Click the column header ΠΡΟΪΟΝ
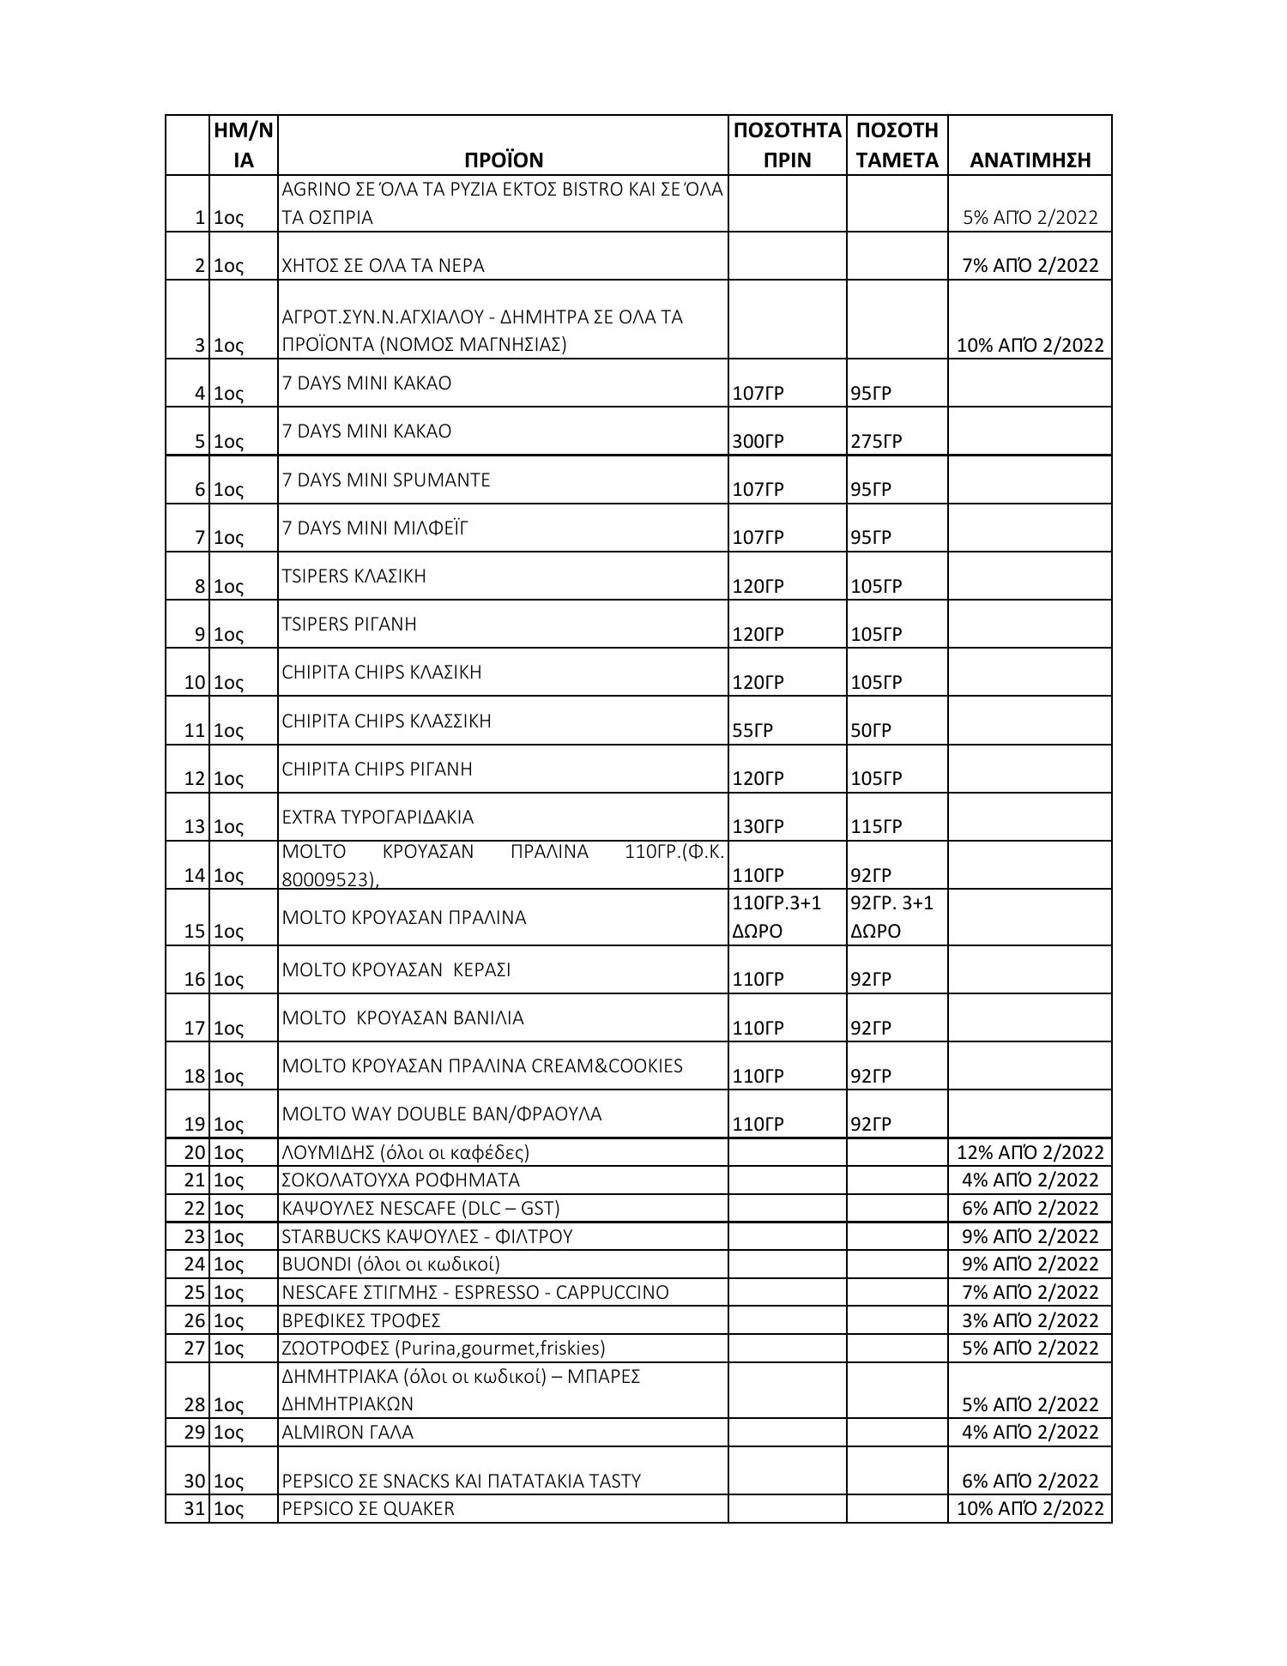pyautogui.click(x=504, y=160)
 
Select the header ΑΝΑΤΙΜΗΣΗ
pyautogui.click(x=1030, y=160)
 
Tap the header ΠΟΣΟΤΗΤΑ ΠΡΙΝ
pyautogui.click(x=787, y=145)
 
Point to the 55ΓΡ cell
pyautogui.click(x=752, y=730)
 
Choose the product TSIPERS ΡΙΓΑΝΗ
pyautogui.click(x=349, y=624)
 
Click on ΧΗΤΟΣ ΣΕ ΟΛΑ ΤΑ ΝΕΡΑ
pyautogui.click(x=383, y=265)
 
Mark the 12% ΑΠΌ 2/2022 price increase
pyautogui.click(x=1030, y=1152)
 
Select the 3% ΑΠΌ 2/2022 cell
pyautogui.click(x=1030, y=1320)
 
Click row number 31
pyautogui.click(x=194, y=1508)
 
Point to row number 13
pyautogui.click(x=194, y=826)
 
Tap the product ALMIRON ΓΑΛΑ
pyautogui.click(x=347, y=1432)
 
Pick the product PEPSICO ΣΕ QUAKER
pyautogui.click(x=368, y=1508)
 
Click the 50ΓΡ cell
pyautogui.click(x=871, y=730)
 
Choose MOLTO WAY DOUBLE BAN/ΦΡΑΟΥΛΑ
pyautogui.click(x=442, y=1114)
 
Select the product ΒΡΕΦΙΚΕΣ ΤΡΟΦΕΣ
pyautogui.click(x=361, y=1320)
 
